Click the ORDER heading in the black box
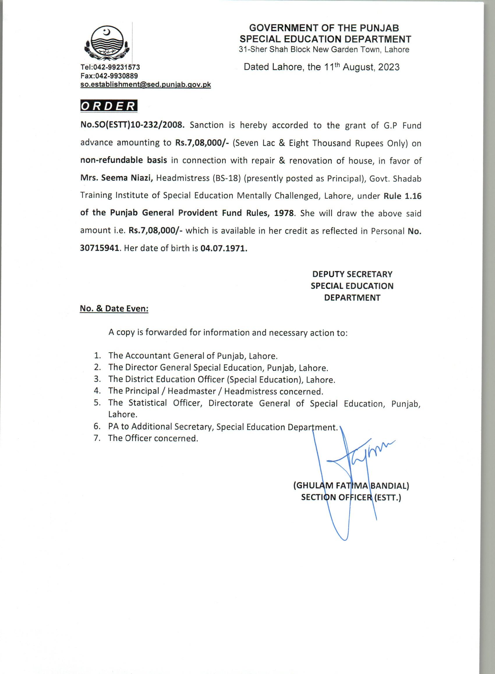click(x=109, y=106)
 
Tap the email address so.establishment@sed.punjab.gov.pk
click(x=146, y=85)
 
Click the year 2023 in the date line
click(x=389, y=67)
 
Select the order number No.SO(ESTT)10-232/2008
click(x=132, y=125)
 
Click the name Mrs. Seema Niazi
click(x=117, y=178)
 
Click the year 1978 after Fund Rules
click(x=283, y=213)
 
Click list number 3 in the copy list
click(x=97, y=379)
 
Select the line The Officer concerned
click(x=153, y=438)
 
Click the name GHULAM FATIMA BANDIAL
click(x=351, y=485)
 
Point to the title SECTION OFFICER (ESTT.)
click(x=351, y=497)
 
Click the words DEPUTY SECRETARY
click(x=352, y=274)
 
